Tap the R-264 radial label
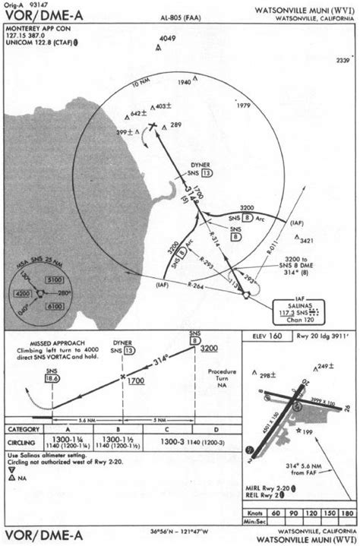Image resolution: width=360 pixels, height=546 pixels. coord(195,286)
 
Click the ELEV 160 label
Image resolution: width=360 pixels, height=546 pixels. coord(264,336)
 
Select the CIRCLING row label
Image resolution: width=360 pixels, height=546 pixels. coord(27,443)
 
